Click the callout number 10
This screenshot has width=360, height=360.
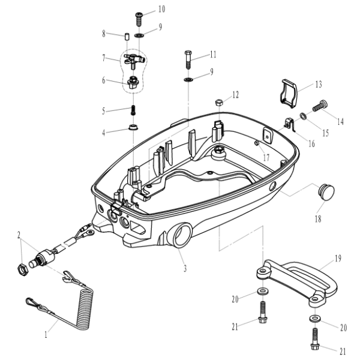coord(161,9)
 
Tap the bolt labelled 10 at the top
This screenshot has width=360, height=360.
coord(139,17)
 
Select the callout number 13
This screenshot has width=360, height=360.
coord(319,84)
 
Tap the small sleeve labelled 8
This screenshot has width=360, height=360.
coord(127,37)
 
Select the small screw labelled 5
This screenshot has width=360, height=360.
coord(133,110)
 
